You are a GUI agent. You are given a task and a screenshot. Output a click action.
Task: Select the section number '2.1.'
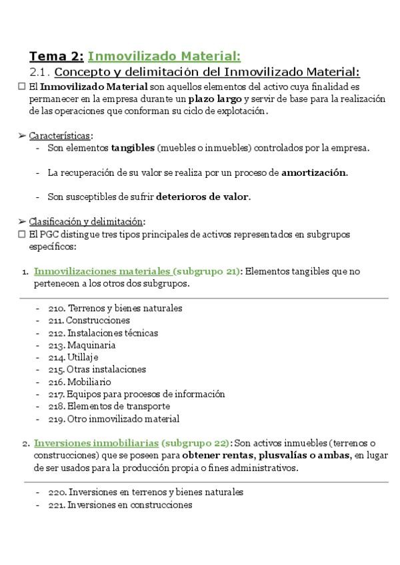click(x=39, y=72)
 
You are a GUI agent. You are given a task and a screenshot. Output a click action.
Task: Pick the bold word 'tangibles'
click(x=132, y=147)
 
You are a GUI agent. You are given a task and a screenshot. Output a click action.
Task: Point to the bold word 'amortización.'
click(x=315, y=172)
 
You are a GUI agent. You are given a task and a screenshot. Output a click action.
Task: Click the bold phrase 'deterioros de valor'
click(x=203, y=197)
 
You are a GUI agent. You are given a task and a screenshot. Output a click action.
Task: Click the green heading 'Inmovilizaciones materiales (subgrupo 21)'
click(x=137, y=271)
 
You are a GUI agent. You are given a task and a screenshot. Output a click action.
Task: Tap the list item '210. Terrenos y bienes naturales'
click(x=115, y=308)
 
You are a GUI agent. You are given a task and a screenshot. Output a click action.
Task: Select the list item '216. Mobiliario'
click(x=79, y=382)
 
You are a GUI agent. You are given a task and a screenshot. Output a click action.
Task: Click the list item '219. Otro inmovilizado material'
click(x=113, y=419)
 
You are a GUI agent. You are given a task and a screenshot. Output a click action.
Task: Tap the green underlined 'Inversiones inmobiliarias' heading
click(x=96, y=443)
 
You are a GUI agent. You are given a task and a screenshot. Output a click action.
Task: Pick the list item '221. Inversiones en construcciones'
click(x=120, y=504)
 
